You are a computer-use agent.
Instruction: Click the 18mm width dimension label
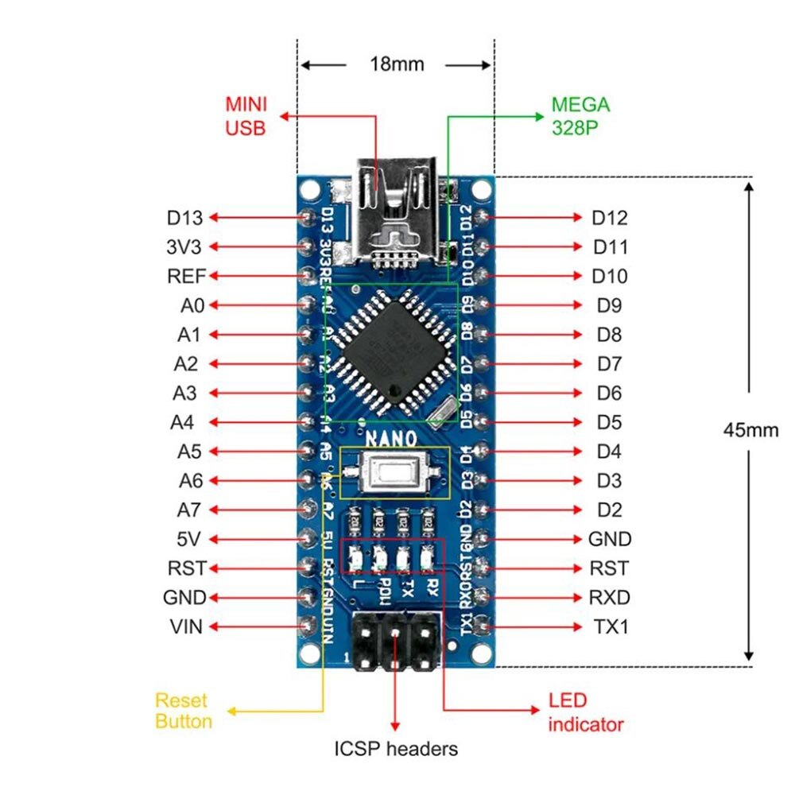pyautogui.click(x=396, y=64)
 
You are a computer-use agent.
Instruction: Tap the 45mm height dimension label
pyautogui.click(x=750, y=429)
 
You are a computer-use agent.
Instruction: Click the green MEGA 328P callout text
pyautogui.click(x=580, y=116)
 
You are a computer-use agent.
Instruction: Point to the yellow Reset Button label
pyautogui.click(x=183, y=711)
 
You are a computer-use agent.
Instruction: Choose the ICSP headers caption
pyautogui.click(x=396, y=748)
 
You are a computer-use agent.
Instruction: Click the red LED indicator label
pyautogui.click(x=585, y=712)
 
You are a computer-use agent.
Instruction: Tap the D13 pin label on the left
pyautogui.click(x=184, y=218)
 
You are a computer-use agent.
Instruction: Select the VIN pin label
pyautogui.click(x=185, y=626)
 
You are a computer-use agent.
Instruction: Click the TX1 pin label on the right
pyautogui.click(x=611, y=626)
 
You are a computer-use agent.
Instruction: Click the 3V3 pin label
pyautogui.click(x=185, y=247)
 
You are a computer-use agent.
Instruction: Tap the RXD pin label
pyautogui.click(x=610, y=598)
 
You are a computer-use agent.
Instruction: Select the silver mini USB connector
pyautogui.click(x=396, y=208)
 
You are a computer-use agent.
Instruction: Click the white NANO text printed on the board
pyautogui.click(x=390, y=438)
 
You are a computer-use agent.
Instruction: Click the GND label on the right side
pyautogui.click(x=610, y=539)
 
